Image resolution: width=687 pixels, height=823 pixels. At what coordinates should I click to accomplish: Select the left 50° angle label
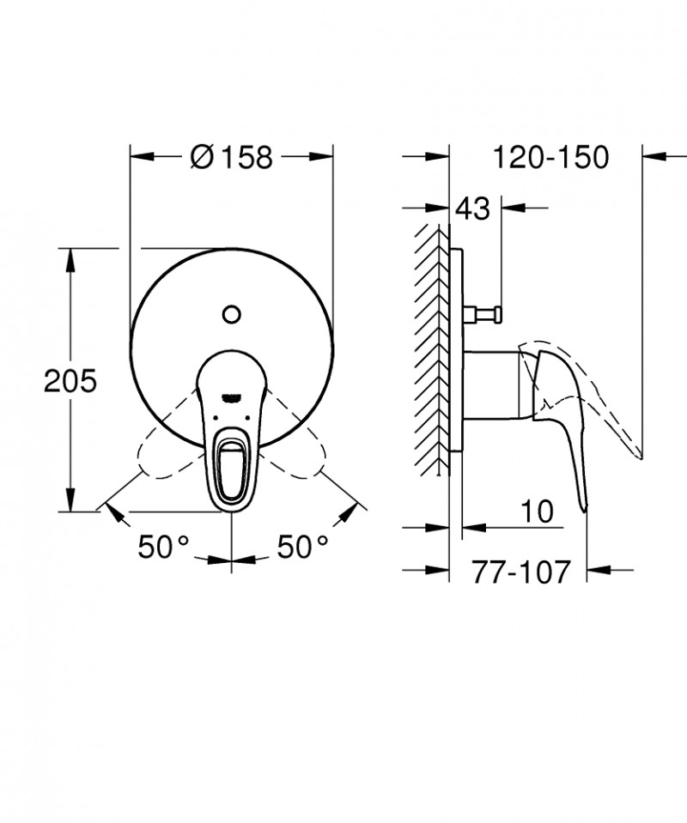click(163, 546)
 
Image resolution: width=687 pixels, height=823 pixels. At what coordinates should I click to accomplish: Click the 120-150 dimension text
click(550, 157)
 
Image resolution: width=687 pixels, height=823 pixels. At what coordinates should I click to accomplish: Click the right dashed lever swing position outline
click(297, 455)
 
